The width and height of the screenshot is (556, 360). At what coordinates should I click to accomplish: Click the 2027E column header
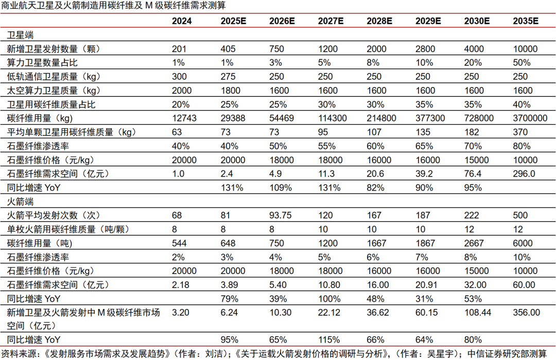(x=331, y=21)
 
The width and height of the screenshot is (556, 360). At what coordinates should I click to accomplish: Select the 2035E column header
(x=526, y=21)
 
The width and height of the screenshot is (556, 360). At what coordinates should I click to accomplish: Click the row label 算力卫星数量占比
(x=42, y=63)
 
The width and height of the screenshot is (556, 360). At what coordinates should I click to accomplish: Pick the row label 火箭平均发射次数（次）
(x=53, y=215)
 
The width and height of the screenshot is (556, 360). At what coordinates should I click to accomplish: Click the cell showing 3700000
(x=530, y=118)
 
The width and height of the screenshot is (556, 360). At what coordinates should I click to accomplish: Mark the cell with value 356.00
(x=526, y=312)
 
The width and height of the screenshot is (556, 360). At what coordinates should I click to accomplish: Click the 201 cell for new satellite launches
(x=179, y=49)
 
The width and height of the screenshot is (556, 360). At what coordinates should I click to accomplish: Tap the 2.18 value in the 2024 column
(x=180, y=284)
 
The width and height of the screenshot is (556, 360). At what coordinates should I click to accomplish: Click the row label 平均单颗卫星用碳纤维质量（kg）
(x=71, y=132)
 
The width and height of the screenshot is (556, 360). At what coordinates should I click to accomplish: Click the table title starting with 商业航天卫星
(x=113, y=6)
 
